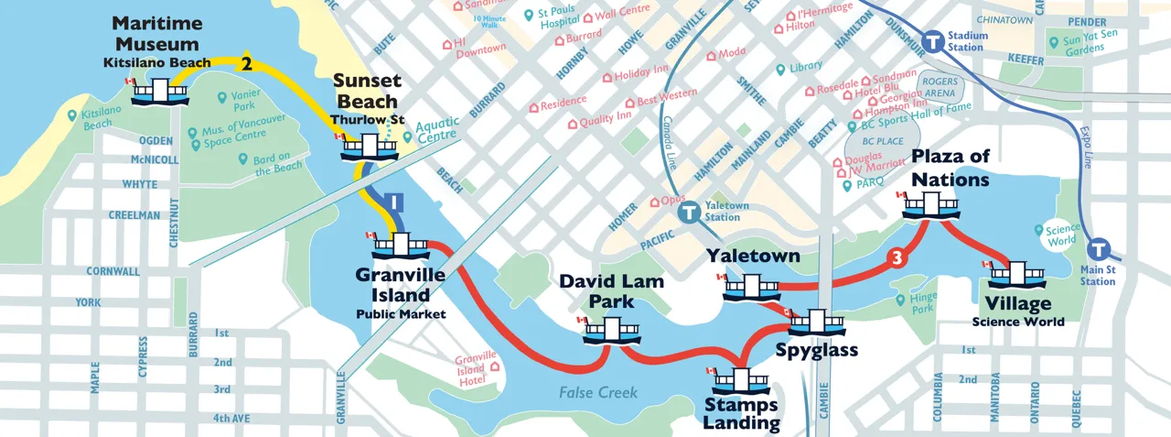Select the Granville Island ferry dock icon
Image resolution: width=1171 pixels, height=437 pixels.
[x=401, y=246]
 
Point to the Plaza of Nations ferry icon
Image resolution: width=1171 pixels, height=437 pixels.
[x=930, y=206]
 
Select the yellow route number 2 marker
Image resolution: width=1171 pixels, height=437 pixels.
[x=245, y=63]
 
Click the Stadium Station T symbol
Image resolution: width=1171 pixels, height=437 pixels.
[x=933, y=41]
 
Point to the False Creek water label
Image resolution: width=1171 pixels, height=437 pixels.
[x=598, y=393]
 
